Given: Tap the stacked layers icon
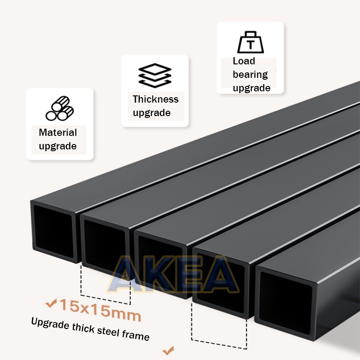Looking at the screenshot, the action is [x=155, y=75].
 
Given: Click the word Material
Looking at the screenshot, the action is [x=58, y=132].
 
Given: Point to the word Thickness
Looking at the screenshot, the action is [x=155, y=99].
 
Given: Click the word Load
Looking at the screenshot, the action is [x=244, y=61].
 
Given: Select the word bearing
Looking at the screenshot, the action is [x=250, y=74].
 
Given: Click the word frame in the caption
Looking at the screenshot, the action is [x=135, y=335].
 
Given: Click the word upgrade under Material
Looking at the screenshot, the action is [x=58, y=146].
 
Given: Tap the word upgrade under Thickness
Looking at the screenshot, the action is [x=152, y=113].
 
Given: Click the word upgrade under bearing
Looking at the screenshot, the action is [x=252, y=88].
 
